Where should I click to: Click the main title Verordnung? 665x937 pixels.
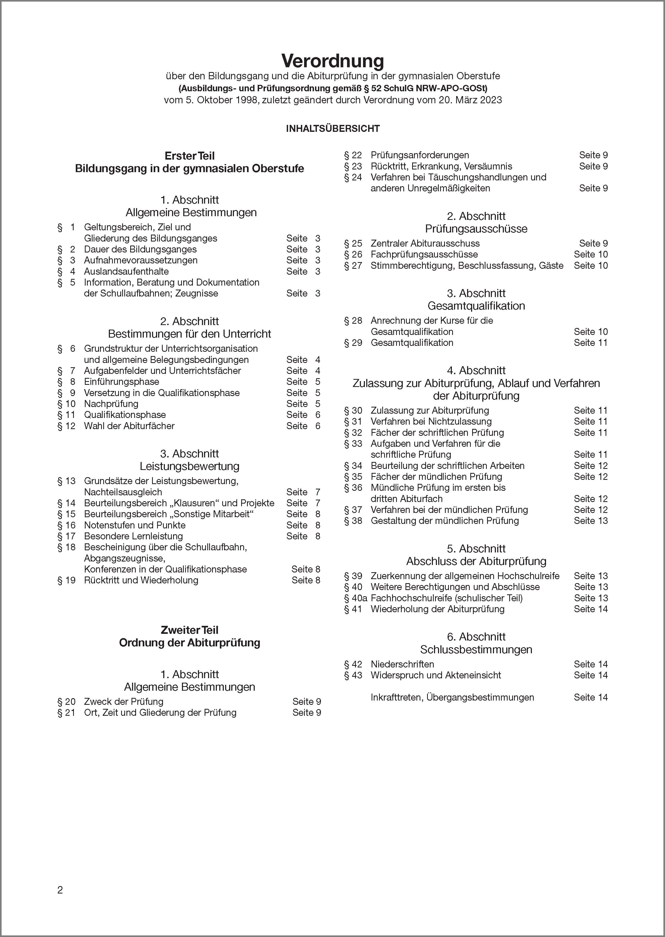(x=332, y=61)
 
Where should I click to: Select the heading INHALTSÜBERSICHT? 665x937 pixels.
(x=332, y=129)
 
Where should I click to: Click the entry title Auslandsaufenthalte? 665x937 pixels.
(x=126, y=271)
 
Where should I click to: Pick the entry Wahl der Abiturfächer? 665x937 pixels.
(x=129, y=426)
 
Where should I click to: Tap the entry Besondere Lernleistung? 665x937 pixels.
(x=133, y=536)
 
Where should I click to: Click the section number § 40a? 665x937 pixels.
(x=355, y=598)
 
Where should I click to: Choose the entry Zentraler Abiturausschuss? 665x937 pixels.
(x=425, y=243)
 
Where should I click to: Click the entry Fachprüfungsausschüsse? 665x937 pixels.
(x=424, y=254)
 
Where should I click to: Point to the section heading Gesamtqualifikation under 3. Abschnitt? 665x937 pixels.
(x=476, y=306)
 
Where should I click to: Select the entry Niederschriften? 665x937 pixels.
(x=402, y=664)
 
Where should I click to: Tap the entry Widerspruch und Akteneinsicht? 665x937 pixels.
(x=435, y=675)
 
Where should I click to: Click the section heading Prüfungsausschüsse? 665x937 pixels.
(x=476, y=229)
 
